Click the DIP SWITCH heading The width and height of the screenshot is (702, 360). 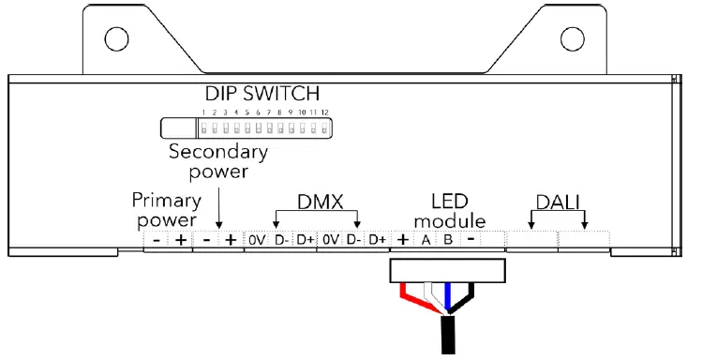pos(262,95)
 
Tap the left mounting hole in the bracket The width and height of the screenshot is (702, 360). pos(115,38)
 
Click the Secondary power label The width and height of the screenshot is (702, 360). pos(218,161)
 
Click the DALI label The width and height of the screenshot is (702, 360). pos(557,202)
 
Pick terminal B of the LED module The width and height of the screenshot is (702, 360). pos(448,241)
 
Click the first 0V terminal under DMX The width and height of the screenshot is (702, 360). pos(258,241)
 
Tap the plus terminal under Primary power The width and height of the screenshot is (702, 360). pos(179,241)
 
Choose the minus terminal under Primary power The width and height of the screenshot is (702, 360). pos(155,241)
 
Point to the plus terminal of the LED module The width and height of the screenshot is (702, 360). pos(402,241)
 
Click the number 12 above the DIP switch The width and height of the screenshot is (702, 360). pos(324,112)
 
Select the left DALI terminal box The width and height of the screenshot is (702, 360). pos(531,241)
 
